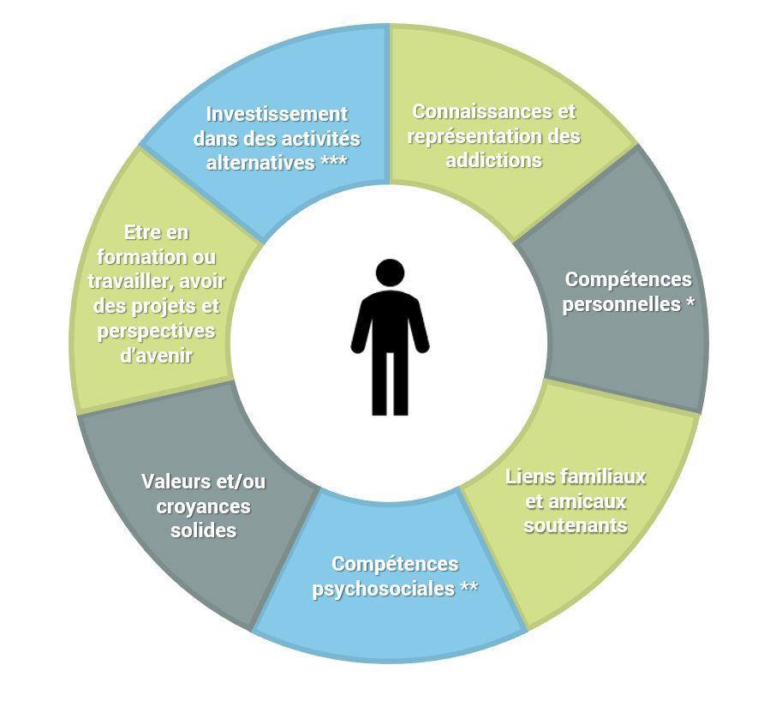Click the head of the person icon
coord(390,273)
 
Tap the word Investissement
coord(277,114)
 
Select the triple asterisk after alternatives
coord(333,163)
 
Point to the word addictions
coord(493,160)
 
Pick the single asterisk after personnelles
coord(689,304)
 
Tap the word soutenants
coord(576,525)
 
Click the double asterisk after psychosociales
coord(469,589)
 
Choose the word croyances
coord(203,506)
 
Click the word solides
coord(203,530)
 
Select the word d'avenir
coord(156,355)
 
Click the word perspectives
coord(156,331)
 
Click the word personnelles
coord(621,304)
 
